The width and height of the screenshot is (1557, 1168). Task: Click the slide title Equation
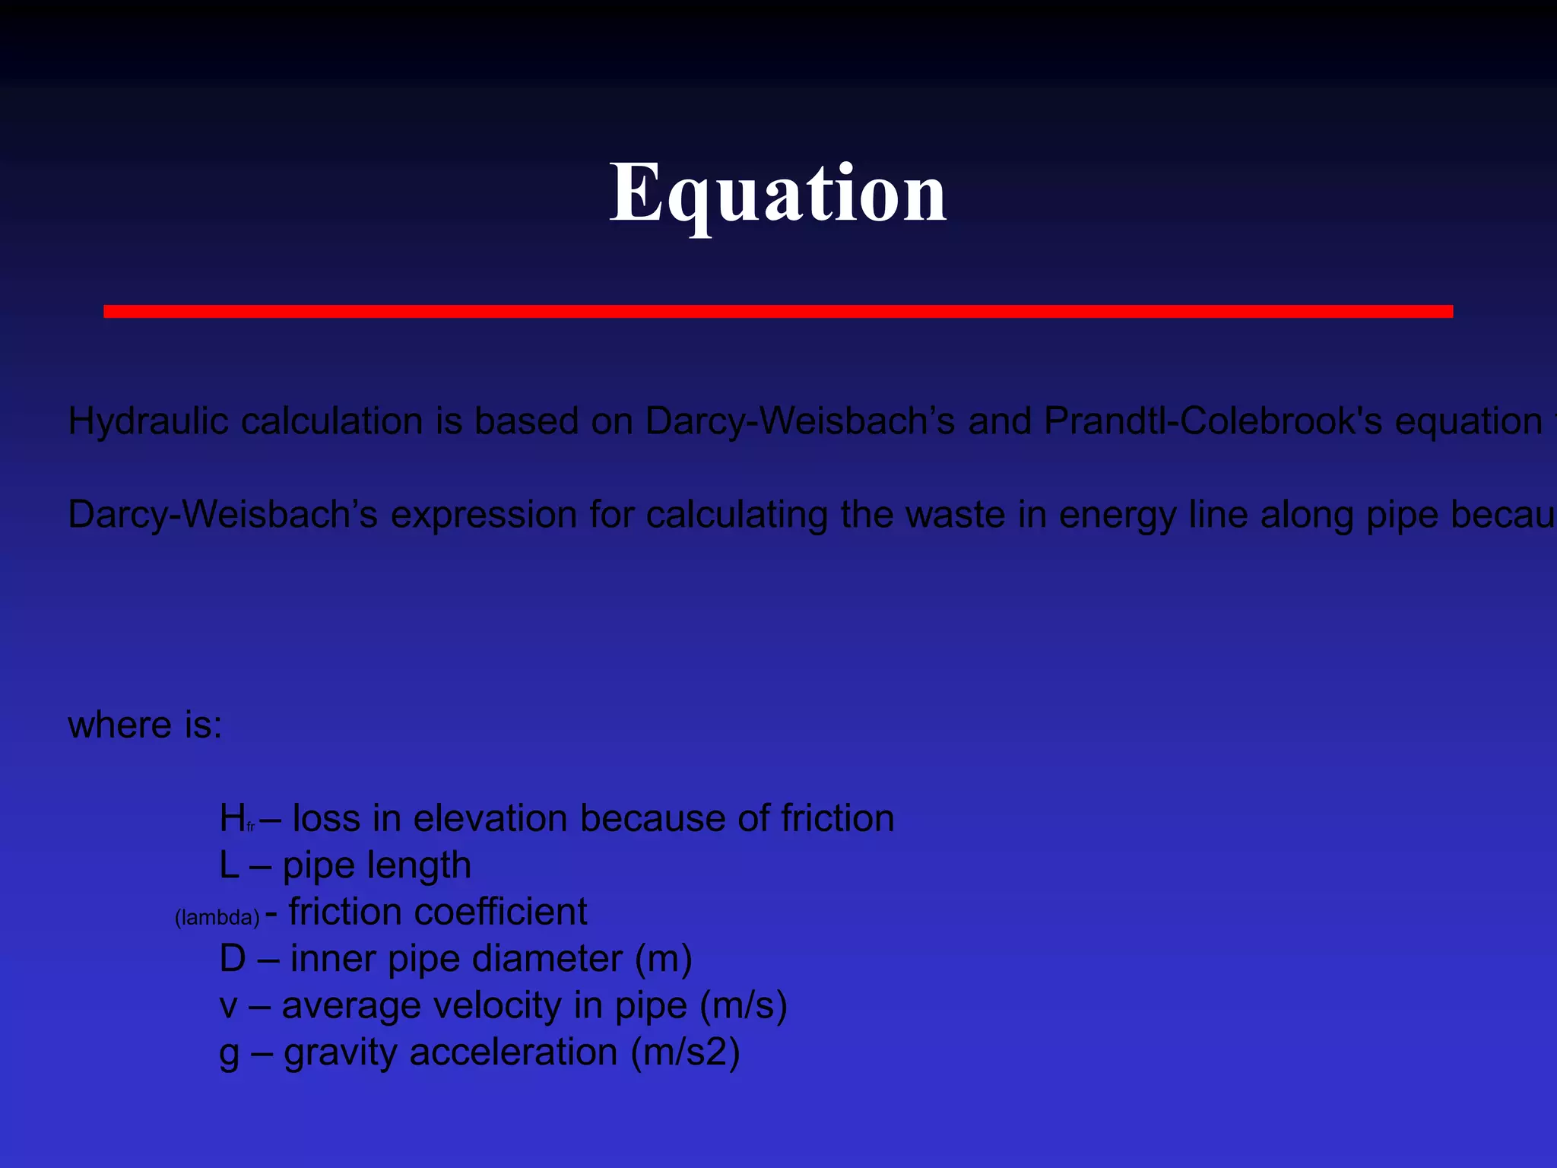(x=778, y=193)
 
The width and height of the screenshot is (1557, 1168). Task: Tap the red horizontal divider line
(x=778, y=311)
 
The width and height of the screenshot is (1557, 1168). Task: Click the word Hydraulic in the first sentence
(x=148, y=421)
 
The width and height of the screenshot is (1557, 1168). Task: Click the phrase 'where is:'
(x=145, y=725)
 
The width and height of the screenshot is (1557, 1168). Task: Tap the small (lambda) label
(x=217, y=917)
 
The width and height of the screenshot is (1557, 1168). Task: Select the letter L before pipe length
(x=229, y=865)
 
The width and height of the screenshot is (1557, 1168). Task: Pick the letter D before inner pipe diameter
(x=233, y=958)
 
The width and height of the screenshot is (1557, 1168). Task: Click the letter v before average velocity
(x=228, y=1006)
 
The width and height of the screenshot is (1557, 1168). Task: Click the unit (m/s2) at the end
(x=685, y=1052)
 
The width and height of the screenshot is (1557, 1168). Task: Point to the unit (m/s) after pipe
(x=743, y=1005)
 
